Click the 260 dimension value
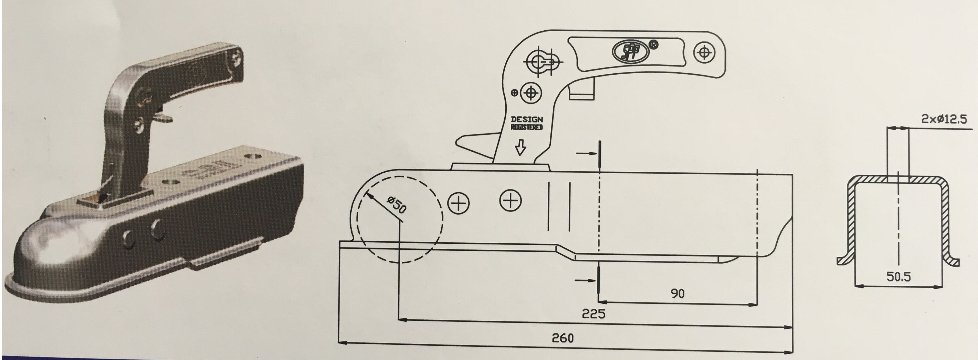pyautogui.click(x=563, y=338)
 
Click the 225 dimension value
pyautogui.click(x=593, y=314)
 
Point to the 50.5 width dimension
pyautogui.click(x=898, y=277)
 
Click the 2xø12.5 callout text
pyautogui.click(x=944, y=119)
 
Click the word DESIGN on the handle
pyautogui.click(x=527, y=120)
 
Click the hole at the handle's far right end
pyautogui.click(x=704, y=53)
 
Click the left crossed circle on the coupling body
pyautogui.click(x=459, y=203)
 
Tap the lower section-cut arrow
pyautogui.click(x=587, y=280)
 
